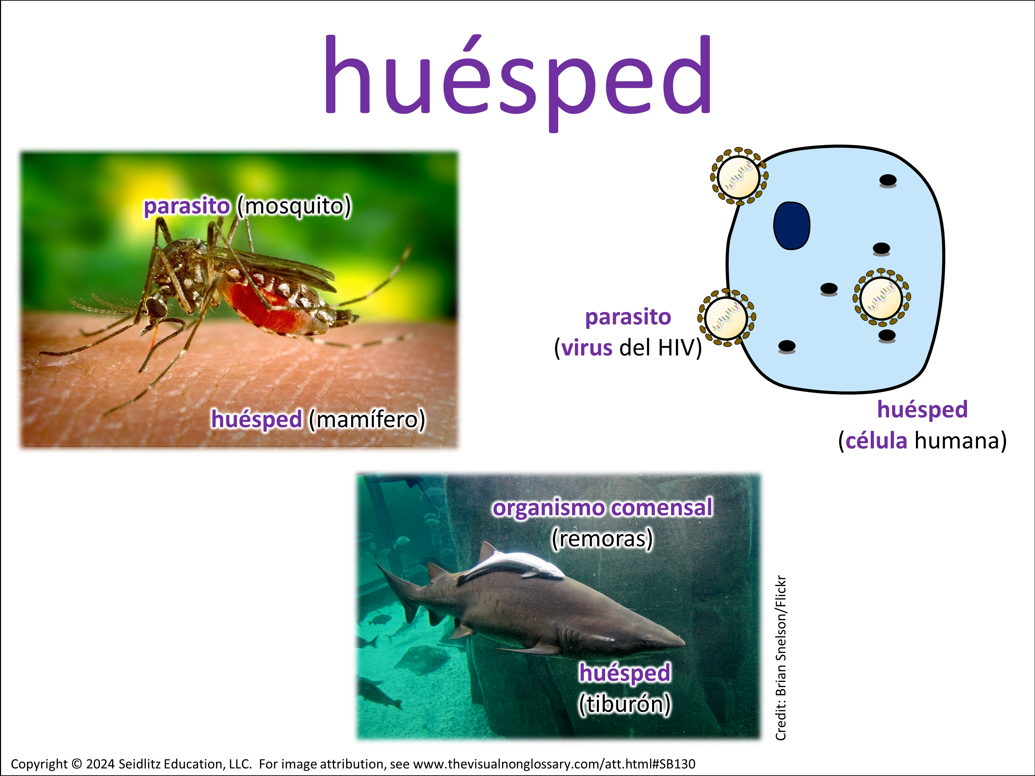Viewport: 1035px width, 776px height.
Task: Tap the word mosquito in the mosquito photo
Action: tap(294, 206)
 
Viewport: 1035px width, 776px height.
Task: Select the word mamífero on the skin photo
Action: tap(367, 419)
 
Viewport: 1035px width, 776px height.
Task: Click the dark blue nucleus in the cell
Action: tap(792, 226)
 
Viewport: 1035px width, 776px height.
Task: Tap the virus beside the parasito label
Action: tap(726, 318)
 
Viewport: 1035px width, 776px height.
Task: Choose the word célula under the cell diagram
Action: tap(876, 441)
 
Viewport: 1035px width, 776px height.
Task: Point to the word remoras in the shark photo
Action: tap(602, 538)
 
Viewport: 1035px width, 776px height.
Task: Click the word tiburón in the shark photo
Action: tap(625, 704)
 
